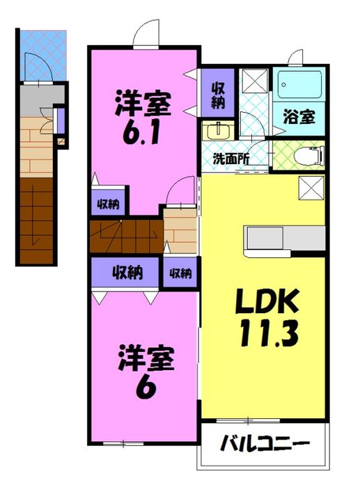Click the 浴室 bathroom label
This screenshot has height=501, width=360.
pyautogui.click(x=299, y=116)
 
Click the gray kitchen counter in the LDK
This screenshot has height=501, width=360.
pyautogui.click(x=284, y=238)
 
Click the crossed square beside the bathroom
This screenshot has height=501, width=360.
pyautogui.click(x=253, y=81)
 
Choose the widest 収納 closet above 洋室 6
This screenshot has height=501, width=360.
pyautogui.click(x=125, y=273)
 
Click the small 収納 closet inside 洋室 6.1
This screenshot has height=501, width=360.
pyautogui.click(x=108, y=204)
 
